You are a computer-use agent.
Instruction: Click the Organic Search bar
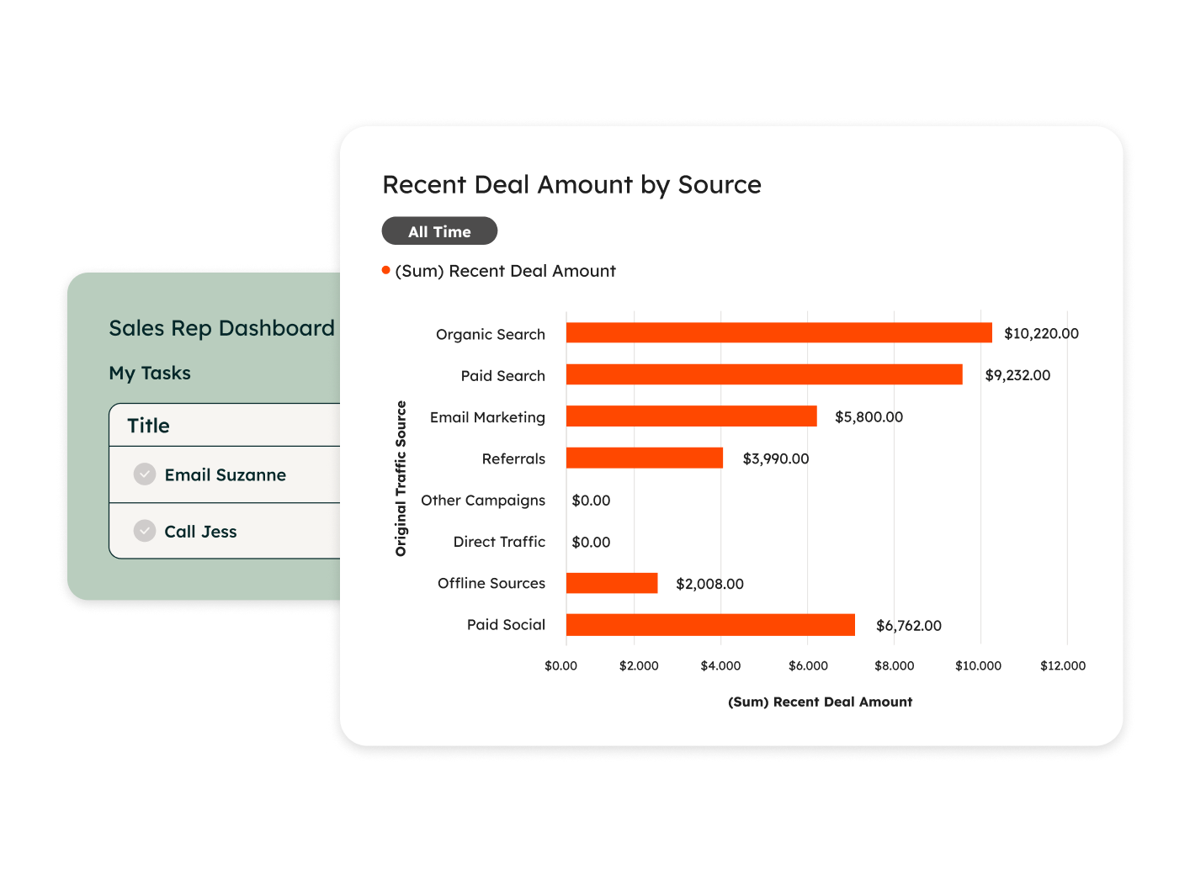[778, 333]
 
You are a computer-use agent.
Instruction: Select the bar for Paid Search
[764, 374]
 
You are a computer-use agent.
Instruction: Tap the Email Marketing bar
[691, 416]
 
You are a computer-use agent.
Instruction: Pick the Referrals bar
[644, 458]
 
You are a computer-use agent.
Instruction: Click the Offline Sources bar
[612, 583]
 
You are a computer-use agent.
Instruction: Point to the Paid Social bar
[710, 625]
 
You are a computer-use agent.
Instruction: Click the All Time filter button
[439, 231]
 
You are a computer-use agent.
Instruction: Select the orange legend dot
[386, 270]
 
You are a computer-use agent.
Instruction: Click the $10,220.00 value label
[1041, 333]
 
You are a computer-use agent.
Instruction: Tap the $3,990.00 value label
[775, 458]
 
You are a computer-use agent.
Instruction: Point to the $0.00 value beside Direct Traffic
[591, 543]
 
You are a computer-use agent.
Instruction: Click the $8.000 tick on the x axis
[894, 665]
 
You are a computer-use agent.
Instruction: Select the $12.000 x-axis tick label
[1063, 665]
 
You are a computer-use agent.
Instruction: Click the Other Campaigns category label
[483, 501]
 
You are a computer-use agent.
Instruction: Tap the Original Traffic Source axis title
[401, 479]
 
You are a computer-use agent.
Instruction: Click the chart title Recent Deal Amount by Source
[571, 185]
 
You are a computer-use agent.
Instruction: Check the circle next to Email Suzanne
[145, 474]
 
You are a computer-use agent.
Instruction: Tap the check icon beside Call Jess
[145, 531]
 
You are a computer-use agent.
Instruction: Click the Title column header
[149, 426]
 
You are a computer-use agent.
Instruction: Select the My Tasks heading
[150, 373]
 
